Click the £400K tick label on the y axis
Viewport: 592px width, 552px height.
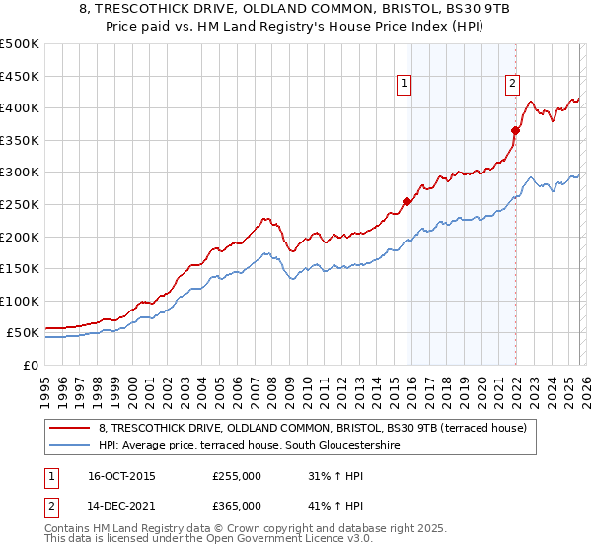click(20, 107)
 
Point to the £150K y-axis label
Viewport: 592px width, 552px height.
click(20, 268)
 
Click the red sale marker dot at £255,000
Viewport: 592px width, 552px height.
click(407, 201)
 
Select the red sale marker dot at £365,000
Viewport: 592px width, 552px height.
click(515, 130)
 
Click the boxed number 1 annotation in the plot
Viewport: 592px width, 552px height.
click(406, 85)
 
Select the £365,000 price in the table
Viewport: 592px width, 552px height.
click(237, 506)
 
